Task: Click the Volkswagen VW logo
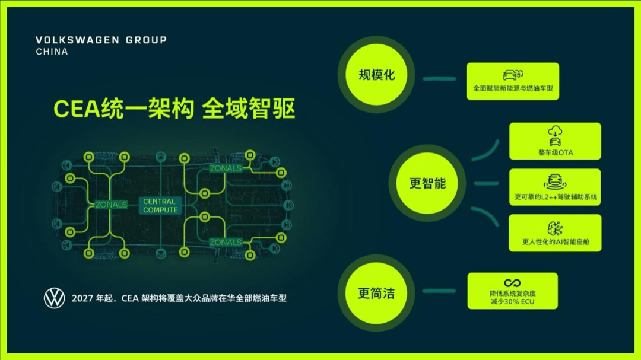click(54, 298)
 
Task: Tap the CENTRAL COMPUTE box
click(160, 206)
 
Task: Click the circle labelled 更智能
click(427, 183)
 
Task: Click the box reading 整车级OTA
click(555, 141)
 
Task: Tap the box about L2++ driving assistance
click(555, 187)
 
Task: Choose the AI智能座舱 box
click(555, 233)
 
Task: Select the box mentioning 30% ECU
click(512, 291)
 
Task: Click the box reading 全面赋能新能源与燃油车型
click(513, 81)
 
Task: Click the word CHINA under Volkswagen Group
click(52, 52)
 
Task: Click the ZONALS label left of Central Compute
click(111, 205)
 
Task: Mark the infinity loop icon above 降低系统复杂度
click(512, 283)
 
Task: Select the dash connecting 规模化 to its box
click(439, 78)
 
